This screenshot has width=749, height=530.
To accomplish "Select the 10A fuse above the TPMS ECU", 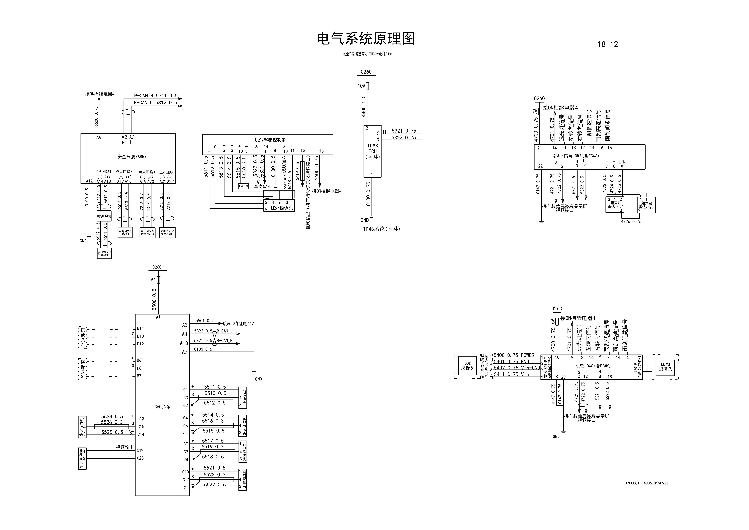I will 368,86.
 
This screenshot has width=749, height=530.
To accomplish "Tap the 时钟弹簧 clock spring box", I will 104,216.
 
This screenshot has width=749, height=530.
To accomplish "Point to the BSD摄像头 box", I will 467,365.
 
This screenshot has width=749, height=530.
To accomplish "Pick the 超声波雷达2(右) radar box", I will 646,205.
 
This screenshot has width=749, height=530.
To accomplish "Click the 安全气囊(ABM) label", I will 131,157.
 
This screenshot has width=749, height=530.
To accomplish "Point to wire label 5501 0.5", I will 205,321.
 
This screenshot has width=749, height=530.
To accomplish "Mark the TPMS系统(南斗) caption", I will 381,229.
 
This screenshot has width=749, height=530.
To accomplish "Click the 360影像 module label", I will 162,407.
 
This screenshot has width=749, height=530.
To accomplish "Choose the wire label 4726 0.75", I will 631,221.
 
